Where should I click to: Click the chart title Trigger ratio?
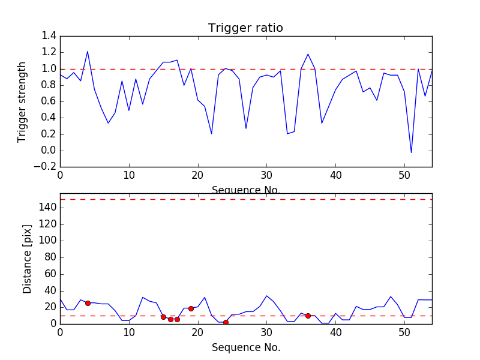tap(245, 28)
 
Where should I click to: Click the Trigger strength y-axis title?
tap(22, 101)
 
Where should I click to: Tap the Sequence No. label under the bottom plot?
tap(246, 347)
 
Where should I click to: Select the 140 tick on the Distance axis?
tap(48, 208)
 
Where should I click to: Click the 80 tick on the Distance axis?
tap(50, 257)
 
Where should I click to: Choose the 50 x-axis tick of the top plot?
tap(404, 176)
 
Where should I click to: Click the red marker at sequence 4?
tap(88, 303)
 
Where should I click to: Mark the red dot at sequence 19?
tap(191, 308)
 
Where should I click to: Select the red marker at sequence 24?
tap(226, 322)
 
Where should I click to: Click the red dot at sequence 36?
tap(308, 316)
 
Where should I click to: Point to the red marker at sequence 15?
tap(163, 317)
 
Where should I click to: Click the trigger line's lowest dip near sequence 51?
tap(411, 152)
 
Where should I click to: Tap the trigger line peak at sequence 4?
tap(88, 51)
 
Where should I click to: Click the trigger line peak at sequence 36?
tap(308, 54)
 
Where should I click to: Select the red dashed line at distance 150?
tap(246, 199)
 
